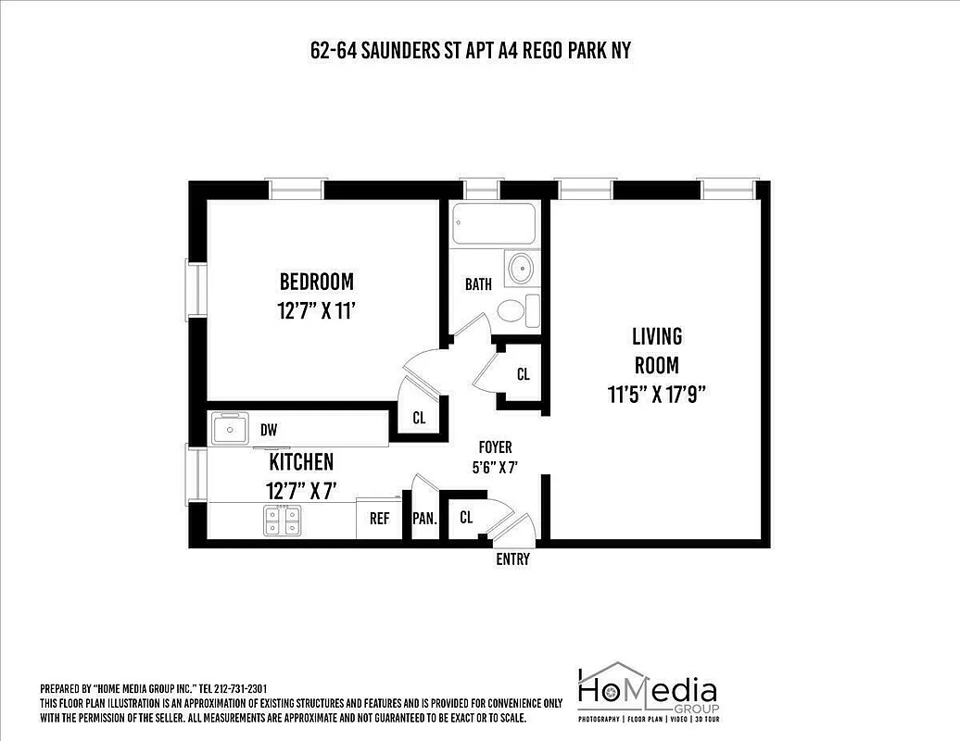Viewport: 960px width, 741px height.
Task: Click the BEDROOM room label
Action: coord(317,281)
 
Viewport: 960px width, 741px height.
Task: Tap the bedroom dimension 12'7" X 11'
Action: coord(317,310)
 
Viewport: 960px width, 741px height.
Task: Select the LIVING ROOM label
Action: coord(656,349)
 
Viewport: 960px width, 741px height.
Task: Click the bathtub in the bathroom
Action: coord(494,223)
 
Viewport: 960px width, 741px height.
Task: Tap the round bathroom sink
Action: coord(521,269)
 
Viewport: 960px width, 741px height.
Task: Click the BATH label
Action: coord(478,284)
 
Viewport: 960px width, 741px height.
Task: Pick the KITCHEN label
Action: coord(301,461)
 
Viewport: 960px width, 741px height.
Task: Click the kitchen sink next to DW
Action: coord(227,429)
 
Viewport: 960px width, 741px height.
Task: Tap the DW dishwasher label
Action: coord(269,430)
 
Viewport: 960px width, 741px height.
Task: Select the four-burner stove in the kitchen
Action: coord(283,521)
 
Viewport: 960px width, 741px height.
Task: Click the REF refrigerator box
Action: coord(379,519)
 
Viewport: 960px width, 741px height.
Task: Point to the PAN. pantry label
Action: coord(424,519)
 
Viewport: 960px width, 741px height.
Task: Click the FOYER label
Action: coord(495,447)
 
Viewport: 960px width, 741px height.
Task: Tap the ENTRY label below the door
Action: coord(512,559)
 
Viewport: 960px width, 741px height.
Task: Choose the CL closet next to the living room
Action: coord(524,374)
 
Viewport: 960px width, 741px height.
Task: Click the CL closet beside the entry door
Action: coord(466,518)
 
